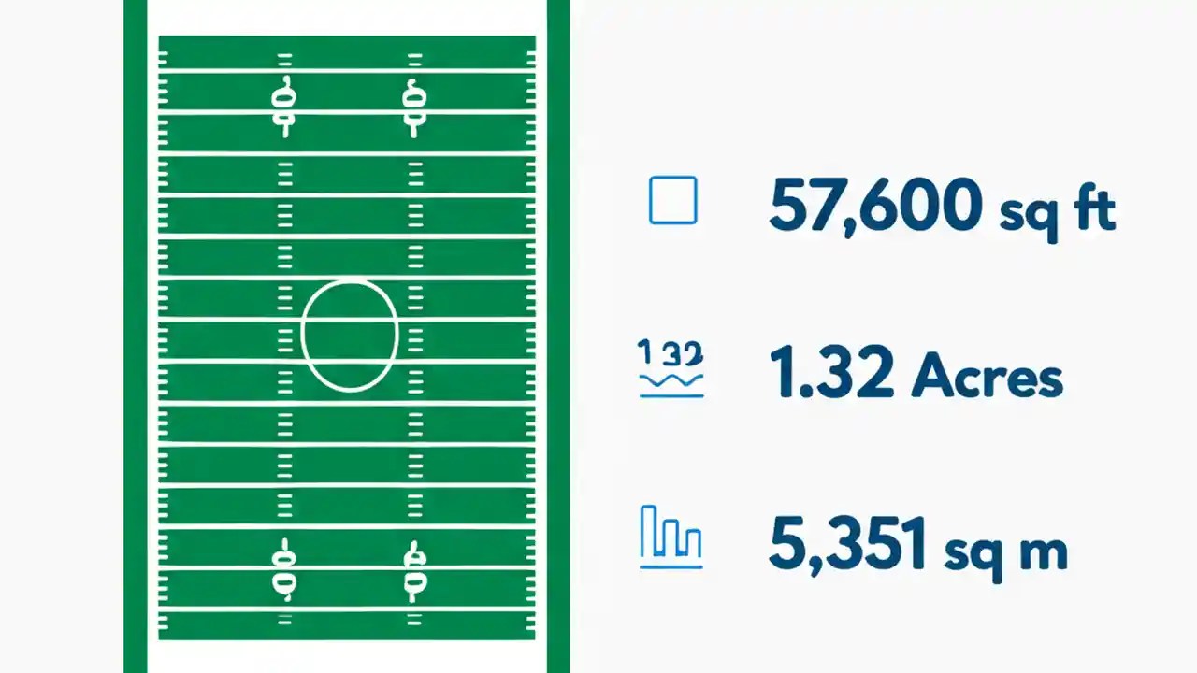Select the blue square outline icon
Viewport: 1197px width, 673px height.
pyautogui.click(x=672, y=200)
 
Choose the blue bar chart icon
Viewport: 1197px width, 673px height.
pyautogui.click(x=671, y=537)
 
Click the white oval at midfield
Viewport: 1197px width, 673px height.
pyautogui.click(x=350, y=334)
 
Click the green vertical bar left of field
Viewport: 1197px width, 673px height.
pyautogui.click(x=135, y=336)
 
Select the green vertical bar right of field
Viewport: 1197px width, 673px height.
pyautogui.click(x=558, y=336)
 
